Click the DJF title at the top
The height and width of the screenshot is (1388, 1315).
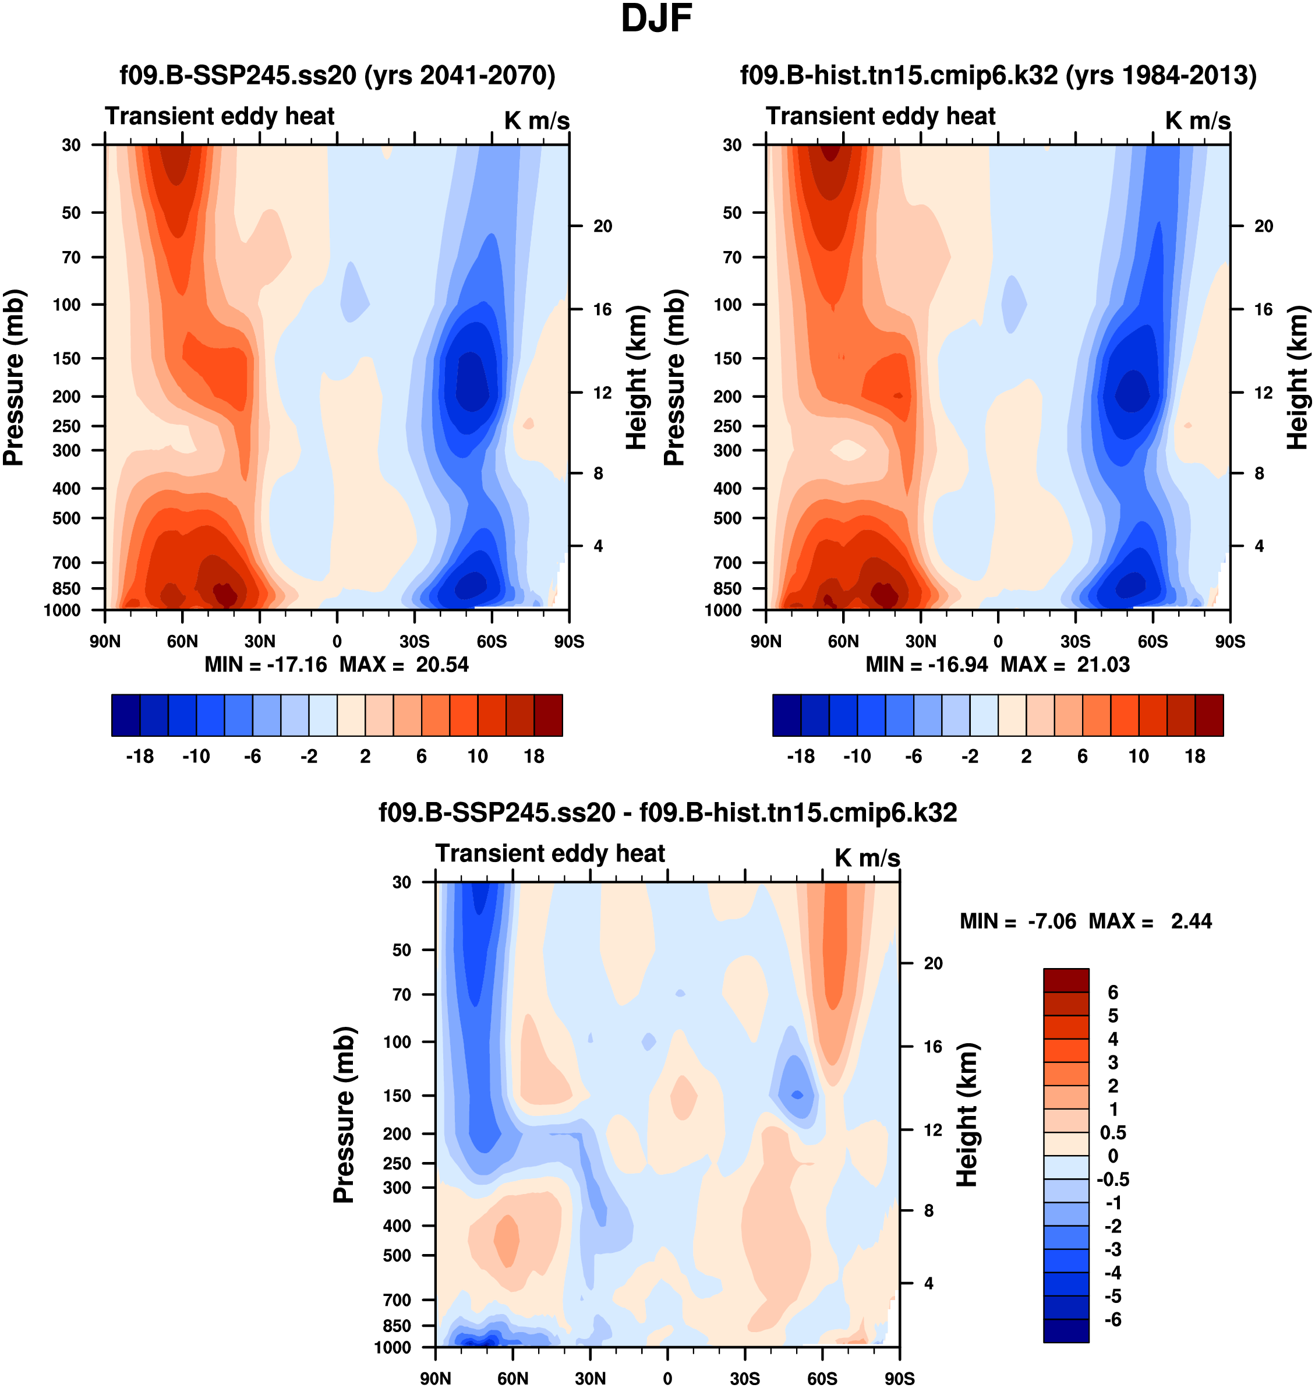tap(656, 19)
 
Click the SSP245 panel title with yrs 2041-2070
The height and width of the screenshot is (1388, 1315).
tap(337, 75)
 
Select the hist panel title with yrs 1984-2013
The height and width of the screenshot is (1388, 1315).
tap(998, 75)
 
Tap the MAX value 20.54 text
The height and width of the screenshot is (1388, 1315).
tap(441, 665)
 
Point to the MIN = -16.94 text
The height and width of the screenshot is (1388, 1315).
tap(926, 665)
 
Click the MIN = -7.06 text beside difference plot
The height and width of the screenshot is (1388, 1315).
tap(1018, 921)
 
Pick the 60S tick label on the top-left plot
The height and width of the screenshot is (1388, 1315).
tap(492, 641)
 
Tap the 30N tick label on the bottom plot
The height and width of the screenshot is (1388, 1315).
tap(590, 1378)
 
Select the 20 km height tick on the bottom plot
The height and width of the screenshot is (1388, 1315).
tap(933, 963)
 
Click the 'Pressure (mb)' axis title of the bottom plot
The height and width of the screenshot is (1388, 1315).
tap(344, 1115)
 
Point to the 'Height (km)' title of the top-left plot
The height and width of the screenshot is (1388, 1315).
tap(636, 377)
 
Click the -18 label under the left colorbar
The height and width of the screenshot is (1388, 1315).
tap(140, 757)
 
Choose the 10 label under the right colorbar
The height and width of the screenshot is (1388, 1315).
tap(1139, 757)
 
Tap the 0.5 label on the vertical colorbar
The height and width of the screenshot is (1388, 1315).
tap(1113, 1133)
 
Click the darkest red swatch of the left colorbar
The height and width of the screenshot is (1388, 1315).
tap(548, 715)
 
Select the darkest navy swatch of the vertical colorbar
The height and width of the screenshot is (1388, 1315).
tap(1066, 1330)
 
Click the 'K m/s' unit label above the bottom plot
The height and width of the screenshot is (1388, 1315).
tap(867, 858)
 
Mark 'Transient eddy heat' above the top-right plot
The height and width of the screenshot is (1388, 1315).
tap(881, 116)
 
